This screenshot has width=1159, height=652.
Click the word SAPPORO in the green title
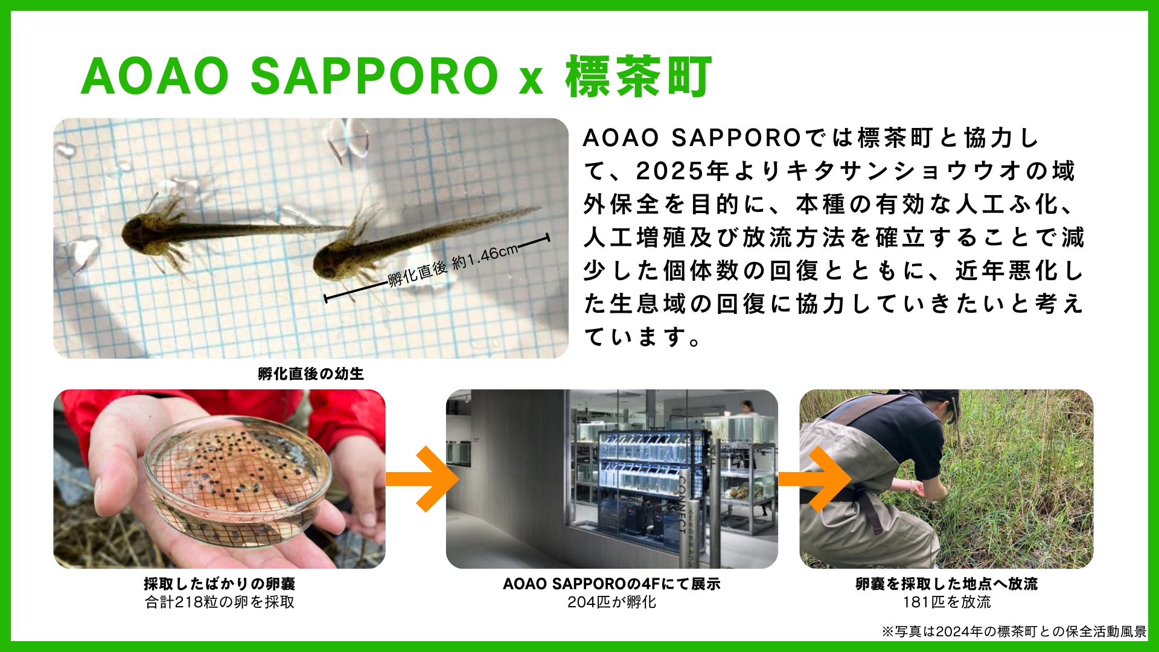tap(374, 76)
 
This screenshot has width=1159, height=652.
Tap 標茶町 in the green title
tap(639, 76)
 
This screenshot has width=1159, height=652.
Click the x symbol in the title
tap(531, 81)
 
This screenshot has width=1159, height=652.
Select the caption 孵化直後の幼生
tap(311, 374)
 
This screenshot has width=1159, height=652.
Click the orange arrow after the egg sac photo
tap(423, 479)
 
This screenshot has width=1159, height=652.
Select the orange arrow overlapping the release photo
tap(815, 479)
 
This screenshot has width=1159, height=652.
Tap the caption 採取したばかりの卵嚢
tap(220, 584)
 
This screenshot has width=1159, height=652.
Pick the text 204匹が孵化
tap(611, 602)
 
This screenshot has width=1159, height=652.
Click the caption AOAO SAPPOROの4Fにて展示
tap(611, 584)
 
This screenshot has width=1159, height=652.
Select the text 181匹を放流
tap(947, 602)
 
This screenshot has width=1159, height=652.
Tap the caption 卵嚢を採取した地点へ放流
tap(947, 584)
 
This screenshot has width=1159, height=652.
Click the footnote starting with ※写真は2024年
tap(1014, 631)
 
